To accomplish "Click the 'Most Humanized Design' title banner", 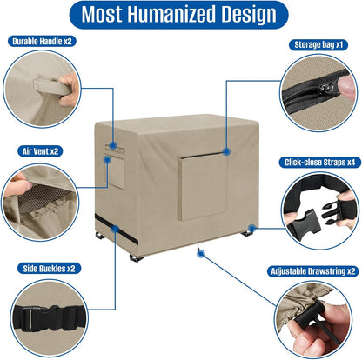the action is pyautogui.click(x=179, y=15).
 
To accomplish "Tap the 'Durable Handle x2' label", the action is pyautogui.click(x=42, y=42).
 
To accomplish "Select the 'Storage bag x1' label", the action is pyautogui.click(x=318, y=45).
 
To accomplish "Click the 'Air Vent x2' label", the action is pyautogui.click(x=40, y=151).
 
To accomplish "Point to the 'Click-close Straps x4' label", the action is pyautogui.click(x=319, y=163).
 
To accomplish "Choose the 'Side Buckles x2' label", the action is pyautogui.click(x=49, y=269).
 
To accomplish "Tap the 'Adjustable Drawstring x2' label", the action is pyautogui.click(x=313, y=271).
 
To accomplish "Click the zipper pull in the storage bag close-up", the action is pyautogui.click(x=325, y=89).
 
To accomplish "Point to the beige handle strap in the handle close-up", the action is pyautogui.click(x=51, y=86).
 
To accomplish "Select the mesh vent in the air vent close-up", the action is pyautogui.click(x=41, y=197).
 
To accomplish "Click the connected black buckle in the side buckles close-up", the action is pyautogui.click(x=50, y=317).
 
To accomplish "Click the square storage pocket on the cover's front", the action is pyautogui.click(x=202, y=186).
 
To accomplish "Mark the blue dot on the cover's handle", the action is pyautogui.click(x=113, y=146).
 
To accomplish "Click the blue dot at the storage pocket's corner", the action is pyautogui.click(x=226, y=151).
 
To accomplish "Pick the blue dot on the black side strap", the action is pyautogui.click(x=115, y=229).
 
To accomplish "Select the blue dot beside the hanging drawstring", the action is pyautogui.click(x=201, y=254).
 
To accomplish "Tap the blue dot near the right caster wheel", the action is pyautogui.click(x=251, y=229).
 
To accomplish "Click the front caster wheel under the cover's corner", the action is pyautogui.click(x=137, y=258).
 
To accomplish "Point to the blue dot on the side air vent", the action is pyautogui.click(x=107, y=160).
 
